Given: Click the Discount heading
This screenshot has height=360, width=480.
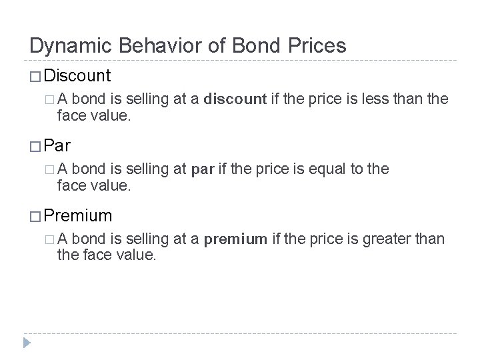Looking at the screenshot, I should click(x=79, y=75).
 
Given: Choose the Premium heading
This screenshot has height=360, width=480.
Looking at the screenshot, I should click(x=79, y=215).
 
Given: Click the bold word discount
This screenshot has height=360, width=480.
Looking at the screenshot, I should click(x=235, y=99).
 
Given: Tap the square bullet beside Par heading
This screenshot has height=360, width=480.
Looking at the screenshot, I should click(x=35, y=146).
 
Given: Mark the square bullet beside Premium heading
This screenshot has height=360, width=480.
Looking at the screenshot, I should click(x=35, y=216).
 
